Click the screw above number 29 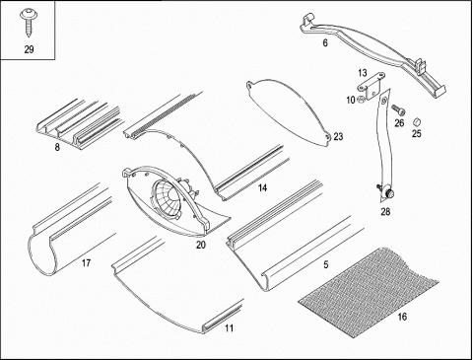(x=29, y=22)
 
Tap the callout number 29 (x=29, y=49)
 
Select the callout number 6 (x=325, y=42)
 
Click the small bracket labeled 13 (x=371, y=86)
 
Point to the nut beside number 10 (x=361, y=99)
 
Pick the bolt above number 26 (x=398, y=109)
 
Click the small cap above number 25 (x=417, y=121)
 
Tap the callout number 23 (x=338, y=136)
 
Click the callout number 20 (x=201, y=245)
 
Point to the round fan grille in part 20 (x=168, y=200)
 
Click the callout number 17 (x=86, y=263)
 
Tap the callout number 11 (x=230, y=328)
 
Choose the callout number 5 (x=326, y=264)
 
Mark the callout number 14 (x=262, y=188)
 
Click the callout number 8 (x=57, y=147)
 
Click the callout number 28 (x=385, y=212)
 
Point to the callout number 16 (x=402, y=317)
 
